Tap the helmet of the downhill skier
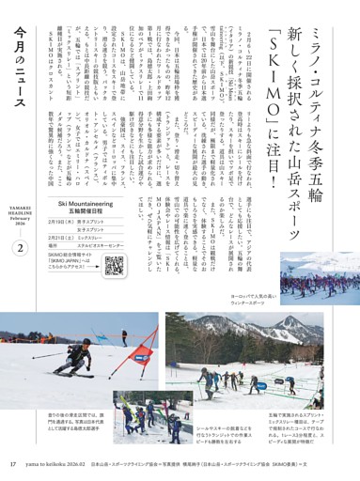point(86,342)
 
